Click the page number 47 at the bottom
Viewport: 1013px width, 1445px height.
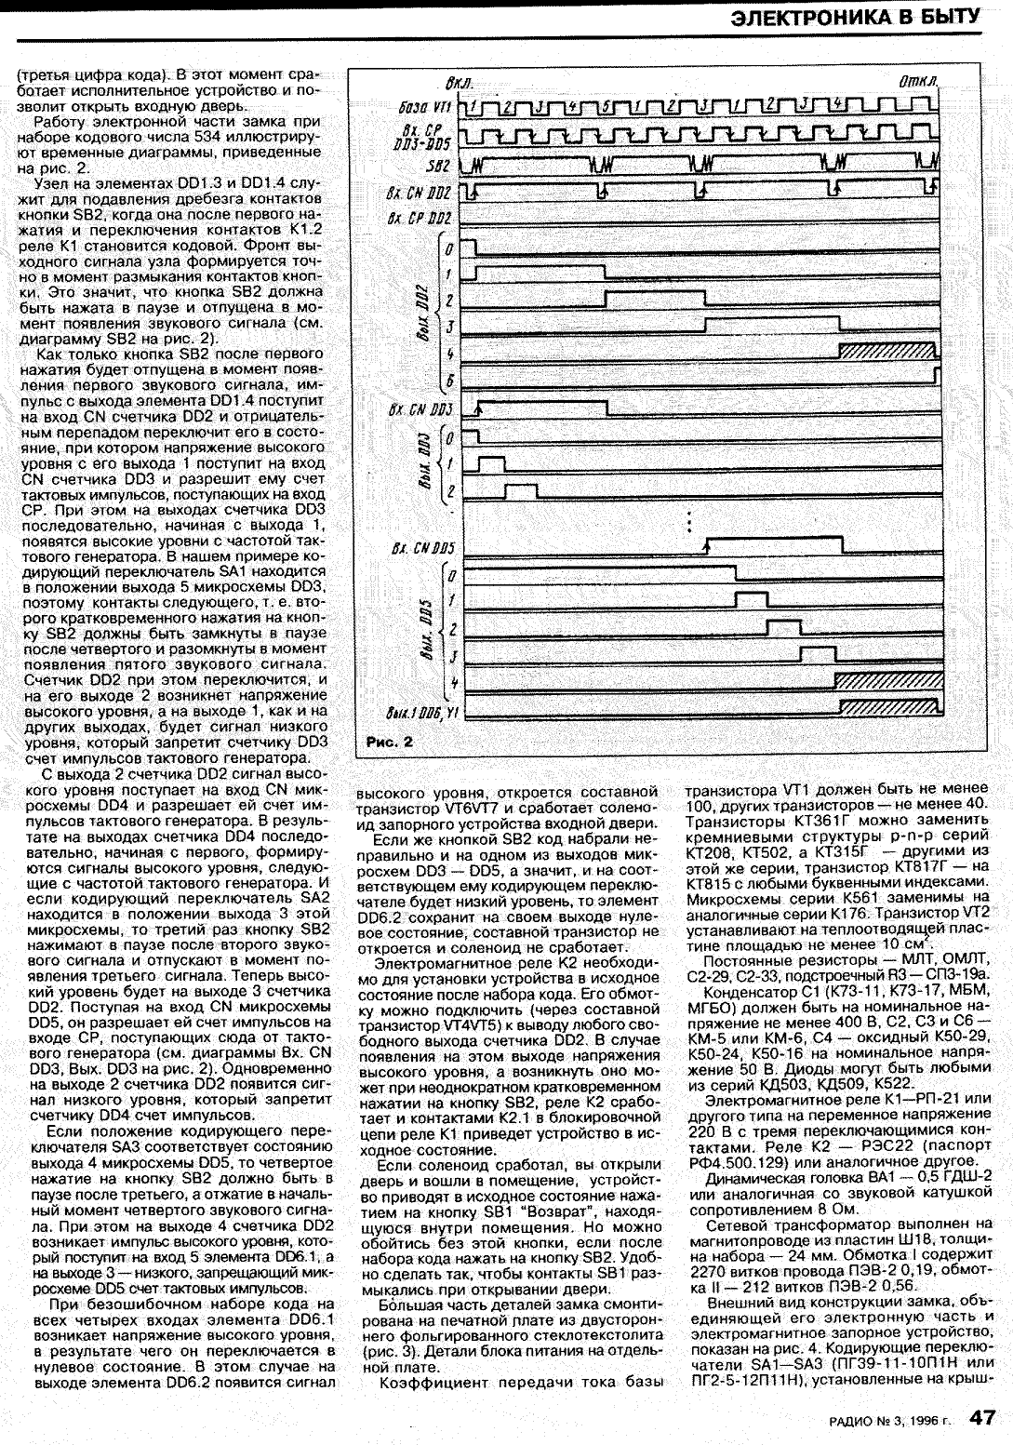click(983, 1416)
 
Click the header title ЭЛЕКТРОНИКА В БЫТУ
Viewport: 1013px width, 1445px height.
click(853, 17)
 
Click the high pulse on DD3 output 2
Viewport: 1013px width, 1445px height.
click(523, 487)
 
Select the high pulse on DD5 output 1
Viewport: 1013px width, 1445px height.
click(751, 595)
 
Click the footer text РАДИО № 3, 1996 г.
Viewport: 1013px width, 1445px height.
click(888, 1420)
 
